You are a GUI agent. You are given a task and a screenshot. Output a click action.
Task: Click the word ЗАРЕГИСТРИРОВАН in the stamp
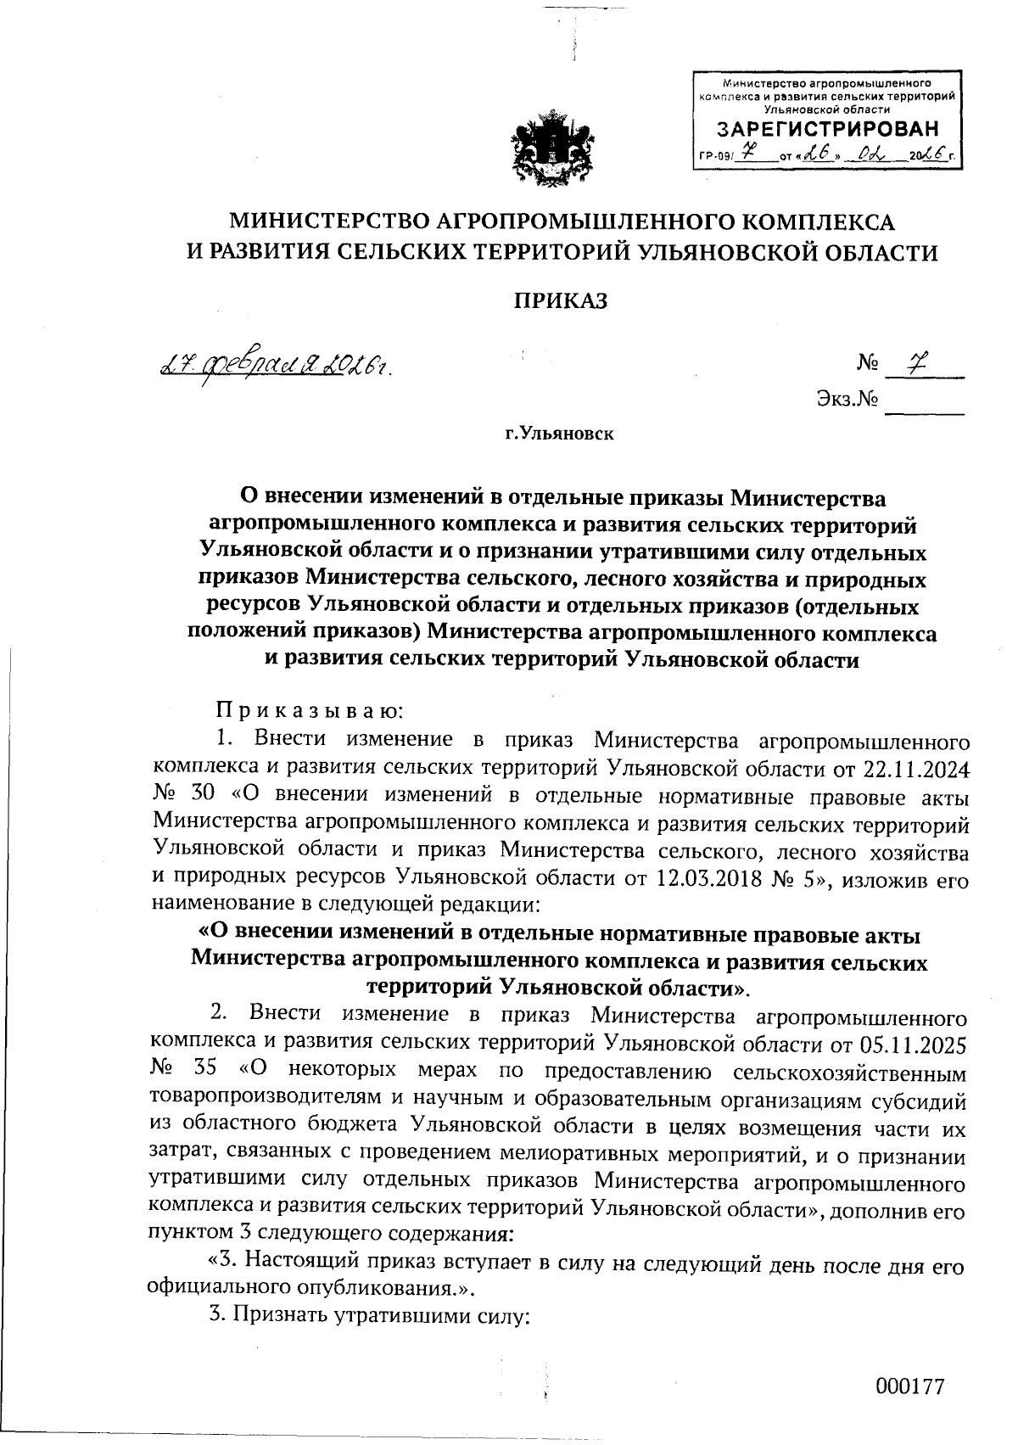[829, 130]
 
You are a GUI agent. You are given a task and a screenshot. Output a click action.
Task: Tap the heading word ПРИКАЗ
[562, 301]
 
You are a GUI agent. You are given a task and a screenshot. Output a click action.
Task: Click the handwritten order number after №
[916, 362]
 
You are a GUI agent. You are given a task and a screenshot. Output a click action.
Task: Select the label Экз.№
[847, 399]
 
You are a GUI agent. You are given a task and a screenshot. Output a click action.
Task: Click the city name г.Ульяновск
[559, 434]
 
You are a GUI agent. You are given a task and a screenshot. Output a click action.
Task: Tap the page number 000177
[909, 1386]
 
